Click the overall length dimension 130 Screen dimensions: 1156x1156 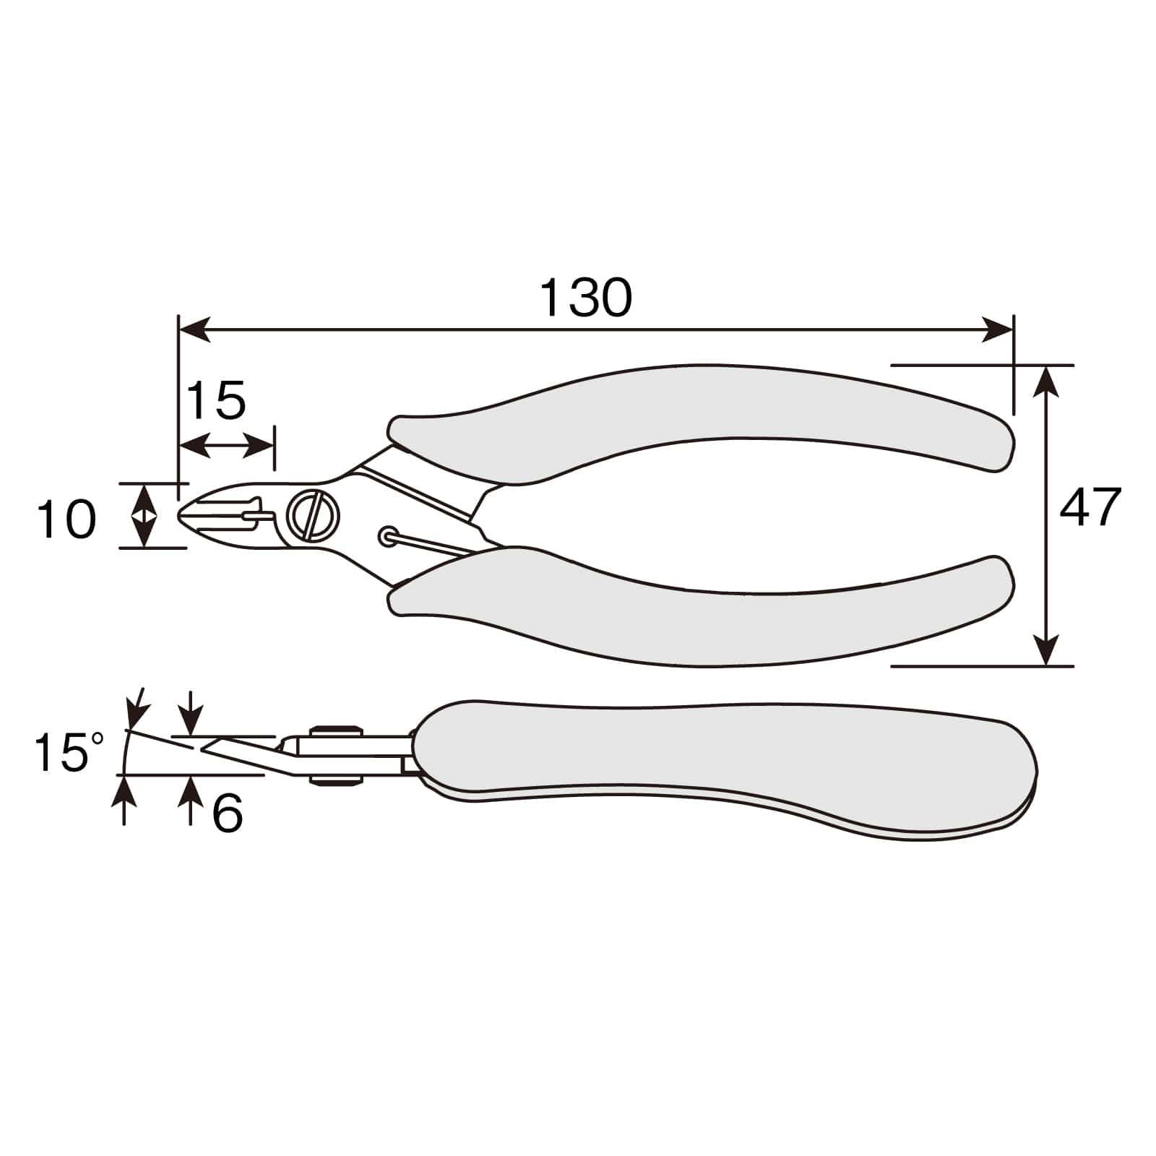(x=586, y=297)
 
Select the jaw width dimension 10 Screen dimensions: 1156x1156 (x=66, y=519)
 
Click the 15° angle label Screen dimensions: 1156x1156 (x=69, y=751)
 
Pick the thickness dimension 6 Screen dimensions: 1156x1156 (x=228, y=814)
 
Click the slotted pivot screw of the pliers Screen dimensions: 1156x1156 (x=314, y=515)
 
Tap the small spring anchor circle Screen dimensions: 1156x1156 (x=389, y=536)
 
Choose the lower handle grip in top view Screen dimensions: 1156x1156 (x=701, y=607)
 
